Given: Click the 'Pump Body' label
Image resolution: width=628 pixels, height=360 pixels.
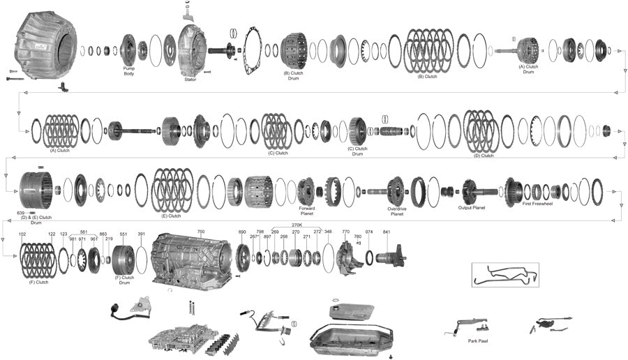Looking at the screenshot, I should point(128,70).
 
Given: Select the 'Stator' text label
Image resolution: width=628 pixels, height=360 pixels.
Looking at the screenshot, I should point(190,80).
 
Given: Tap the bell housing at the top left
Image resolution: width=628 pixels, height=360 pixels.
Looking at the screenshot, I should point(45,45).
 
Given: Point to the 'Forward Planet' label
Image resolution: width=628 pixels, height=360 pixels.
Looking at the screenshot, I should point(306,210).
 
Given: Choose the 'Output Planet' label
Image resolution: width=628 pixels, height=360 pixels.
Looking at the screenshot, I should point(471,207).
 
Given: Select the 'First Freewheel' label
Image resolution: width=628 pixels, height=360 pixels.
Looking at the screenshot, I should point(536,204).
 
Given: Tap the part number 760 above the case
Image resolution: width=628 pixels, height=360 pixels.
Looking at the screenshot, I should point(201,232).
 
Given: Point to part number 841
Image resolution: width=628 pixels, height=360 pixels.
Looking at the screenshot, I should point(386,232).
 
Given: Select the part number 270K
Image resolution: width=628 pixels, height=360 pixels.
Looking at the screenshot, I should point(297,225).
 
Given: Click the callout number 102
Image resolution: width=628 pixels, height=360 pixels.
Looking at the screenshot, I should point(22,234).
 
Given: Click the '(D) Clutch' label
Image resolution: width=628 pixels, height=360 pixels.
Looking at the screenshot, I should point(483,156).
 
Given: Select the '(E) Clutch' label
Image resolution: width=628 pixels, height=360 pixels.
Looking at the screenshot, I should point(171,216).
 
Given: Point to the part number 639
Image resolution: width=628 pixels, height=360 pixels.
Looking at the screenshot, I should point(21,212).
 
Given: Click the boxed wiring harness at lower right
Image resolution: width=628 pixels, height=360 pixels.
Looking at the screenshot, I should point(504,274).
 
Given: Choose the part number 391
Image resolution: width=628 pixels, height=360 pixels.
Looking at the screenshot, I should point(141,234).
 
